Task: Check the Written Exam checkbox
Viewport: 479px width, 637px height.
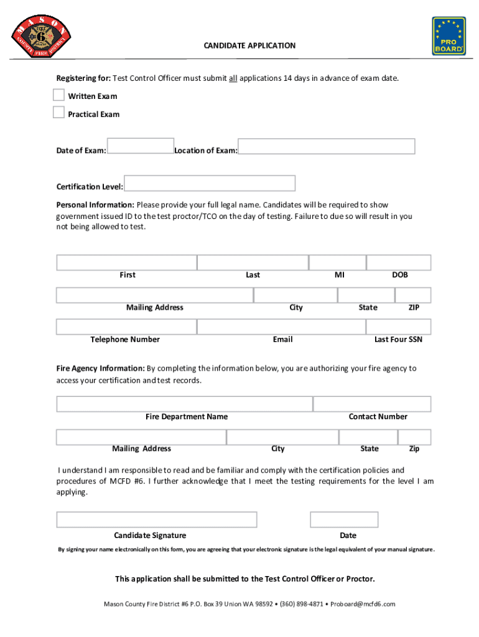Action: point(58,95)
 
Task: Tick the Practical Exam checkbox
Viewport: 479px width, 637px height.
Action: point(58,113)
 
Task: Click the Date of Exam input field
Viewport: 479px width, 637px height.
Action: point(141,146)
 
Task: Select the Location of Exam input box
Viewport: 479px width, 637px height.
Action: point(327,146)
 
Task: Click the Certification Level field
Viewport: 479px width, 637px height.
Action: point(210,183)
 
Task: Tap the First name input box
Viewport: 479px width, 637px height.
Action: point(126,263)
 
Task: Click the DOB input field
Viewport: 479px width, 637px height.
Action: point(399,263)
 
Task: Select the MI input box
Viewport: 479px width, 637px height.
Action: point(338,263)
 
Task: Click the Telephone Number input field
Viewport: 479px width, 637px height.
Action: point(126,327)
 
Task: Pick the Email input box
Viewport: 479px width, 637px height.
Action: point(281,327)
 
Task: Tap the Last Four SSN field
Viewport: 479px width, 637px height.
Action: point(399,327)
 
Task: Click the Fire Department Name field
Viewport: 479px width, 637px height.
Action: point(184,404)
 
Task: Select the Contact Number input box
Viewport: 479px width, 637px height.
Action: point(372,404)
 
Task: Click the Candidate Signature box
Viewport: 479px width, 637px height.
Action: point(156,519)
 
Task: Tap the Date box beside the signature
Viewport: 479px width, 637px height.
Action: point(344,519)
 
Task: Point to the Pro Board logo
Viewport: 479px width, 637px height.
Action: point(449,35)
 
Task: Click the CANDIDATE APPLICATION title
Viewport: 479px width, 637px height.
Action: point(250,45)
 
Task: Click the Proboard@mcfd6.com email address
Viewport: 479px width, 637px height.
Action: point(363,604)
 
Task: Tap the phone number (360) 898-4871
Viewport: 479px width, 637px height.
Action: point(302,604)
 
